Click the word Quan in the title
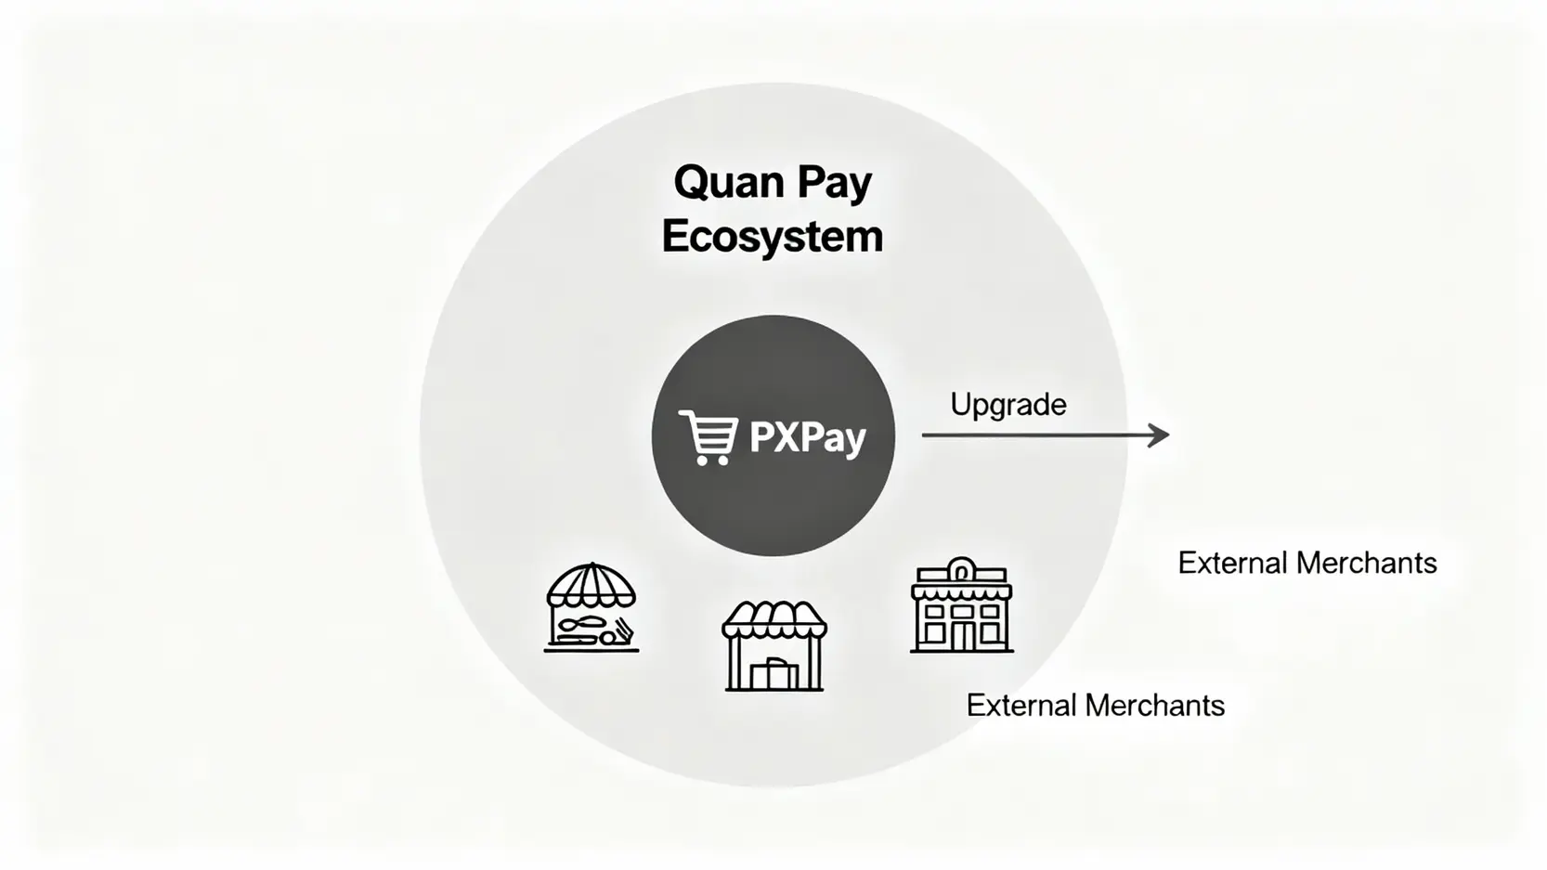click(x=723, y=182)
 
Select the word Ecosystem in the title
click(x=772, y=236)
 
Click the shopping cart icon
click(x=708, y=436)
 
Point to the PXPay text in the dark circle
click(x=807, y=437)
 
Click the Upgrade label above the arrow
click(x=1007, y=405)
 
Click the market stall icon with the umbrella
click(x=591, y=607)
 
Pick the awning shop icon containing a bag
click(x=773, y=645)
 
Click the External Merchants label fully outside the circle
click(x=1306, y=563)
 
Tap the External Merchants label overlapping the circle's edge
click(x=1095, y=706)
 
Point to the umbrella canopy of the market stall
click(x=591, y=585)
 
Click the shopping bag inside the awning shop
click(x=773, y=673)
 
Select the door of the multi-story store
click(x=961, y=636)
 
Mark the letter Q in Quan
click(x=692, y=182)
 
